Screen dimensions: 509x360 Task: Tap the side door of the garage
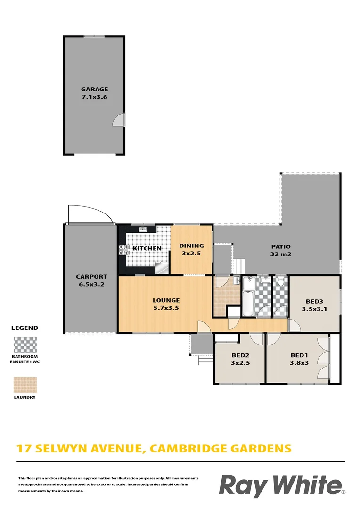click(119, 120)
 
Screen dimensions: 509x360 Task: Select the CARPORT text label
click(91, 277)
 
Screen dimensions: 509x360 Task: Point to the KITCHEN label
click(147, 248)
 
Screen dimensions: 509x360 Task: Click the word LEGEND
click(24, 328)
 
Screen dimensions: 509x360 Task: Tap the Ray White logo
click(282, 485)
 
